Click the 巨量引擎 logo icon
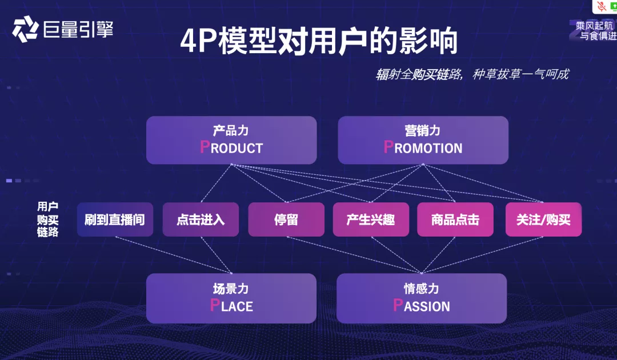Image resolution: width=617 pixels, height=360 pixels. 25,29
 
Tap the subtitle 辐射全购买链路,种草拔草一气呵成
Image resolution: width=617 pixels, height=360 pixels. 472,74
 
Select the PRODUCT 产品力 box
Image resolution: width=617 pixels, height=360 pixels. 231,140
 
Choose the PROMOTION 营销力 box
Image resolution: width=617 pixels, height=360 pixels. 423,140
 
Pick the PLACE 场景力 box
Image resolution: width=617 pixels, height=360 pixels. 231,298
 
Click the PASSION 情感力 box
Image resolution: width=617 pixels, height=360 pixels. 422,298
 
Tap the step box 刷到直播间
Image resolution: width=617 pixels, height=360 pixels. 115,219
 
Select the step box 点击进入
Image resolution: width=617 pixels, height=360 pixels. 201,219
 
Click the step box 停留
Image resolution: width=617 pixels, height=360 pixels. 286,219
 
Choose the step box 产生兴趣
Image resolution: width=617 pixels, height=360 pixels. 371,219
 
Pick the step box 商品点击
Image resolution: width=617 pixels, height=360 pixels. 455,219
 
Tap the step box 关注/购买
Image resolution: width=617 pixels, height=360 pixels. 543,219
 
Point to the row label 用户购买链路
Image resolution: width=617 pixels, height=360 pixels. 48,219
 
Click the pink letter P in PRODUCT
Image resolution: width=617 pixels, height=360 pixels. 205,147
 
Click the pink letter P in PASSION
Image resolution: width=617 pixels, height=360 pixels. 398,305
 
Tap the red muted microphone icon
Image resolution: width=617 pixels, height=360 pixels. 602,6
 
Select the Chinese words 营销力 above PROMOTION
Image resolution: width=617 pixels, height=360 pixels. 422,131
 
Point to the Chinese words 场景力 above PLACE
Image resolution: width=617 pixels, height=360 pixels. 231,289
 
